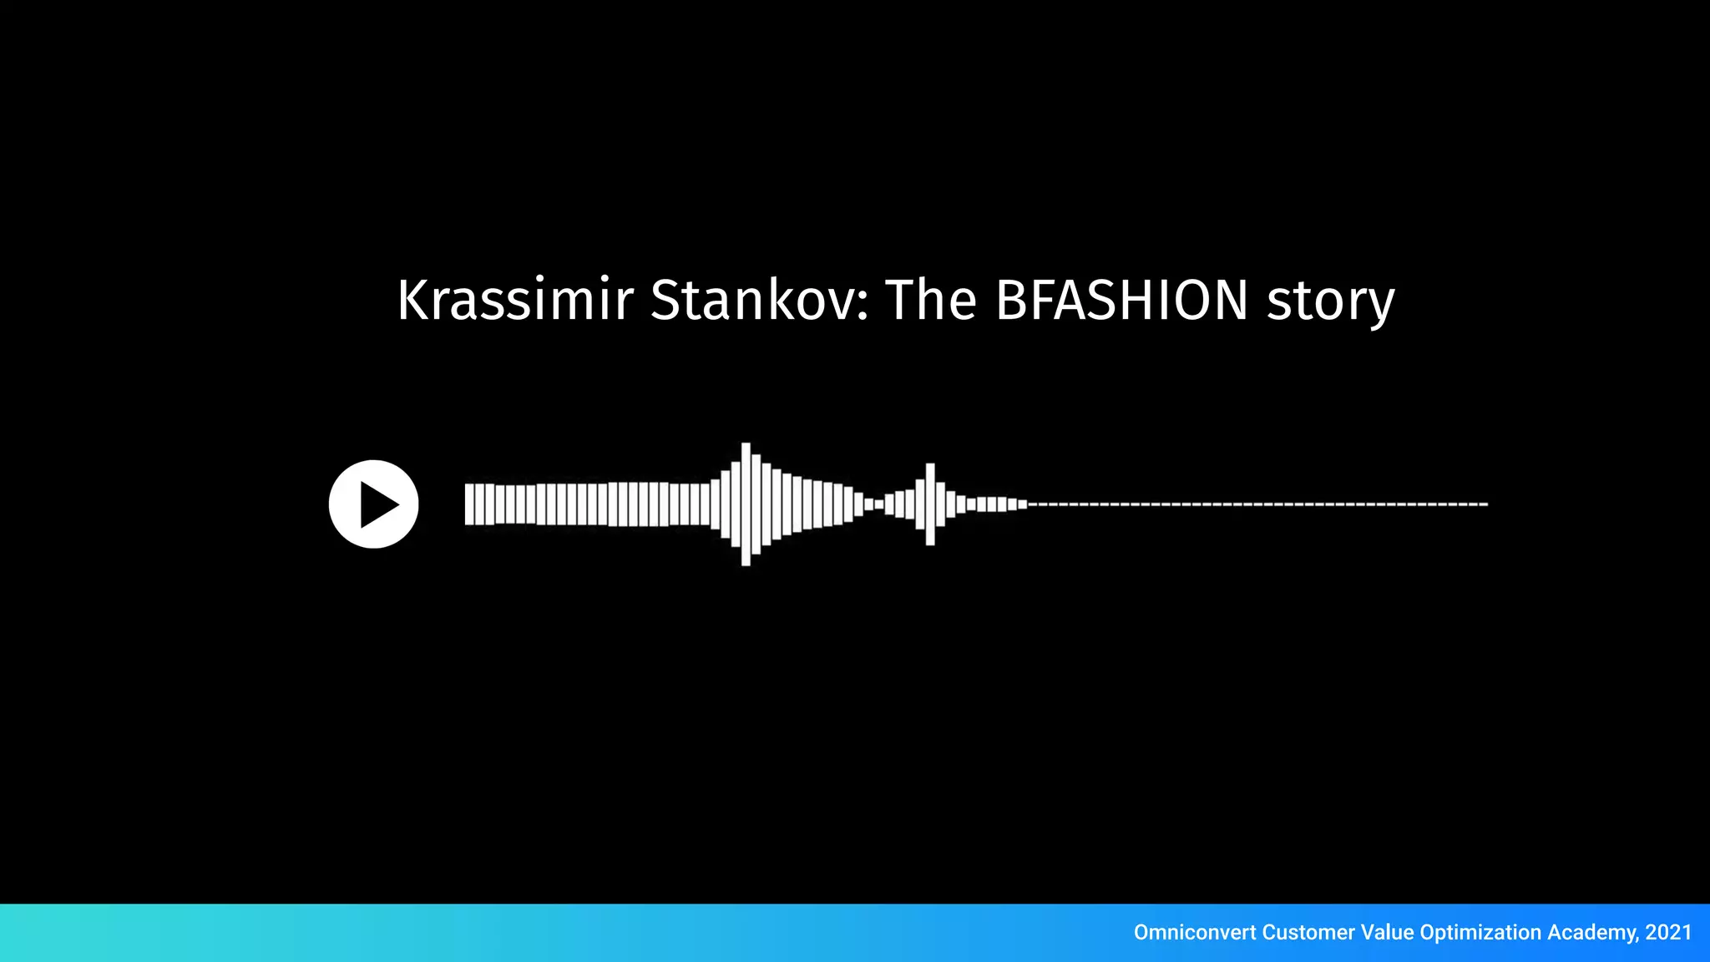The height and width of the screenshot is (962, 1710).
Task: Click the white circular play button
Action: click(x=373, y=504)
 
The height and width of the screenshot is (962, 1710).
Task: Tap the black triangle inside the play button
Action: click(x=377, y=504)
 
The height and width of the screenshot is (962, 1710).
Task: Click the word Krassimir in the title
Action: click(x=514, y=300)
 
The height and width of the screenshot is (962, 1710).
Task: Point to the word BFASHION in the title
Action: click(x=1121, y=300)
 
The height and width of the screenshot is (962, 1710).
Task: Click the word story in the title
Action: click(x=1330, y=302)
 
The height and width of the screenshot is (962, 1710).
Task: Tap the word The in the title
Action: click(x=930, y=300)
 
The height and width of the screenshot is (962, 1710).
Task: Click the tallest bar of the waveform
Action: click(x=746, y=504)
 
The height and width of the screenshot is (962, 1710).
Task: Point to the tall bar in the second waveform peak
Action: click(x=930, y=504)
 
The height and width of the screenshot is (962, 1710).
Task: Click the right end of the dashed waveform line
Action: click(x=1485, y=504)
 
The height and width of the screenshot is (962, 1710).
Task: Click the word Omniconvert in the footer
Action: click(x=1194, y=932)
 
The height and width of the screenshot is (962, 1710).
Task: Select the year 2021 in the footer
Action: click(x=1668, y=932)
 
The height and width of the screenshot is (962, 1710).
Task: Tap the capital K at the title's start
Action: click(x=413, y=300)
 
